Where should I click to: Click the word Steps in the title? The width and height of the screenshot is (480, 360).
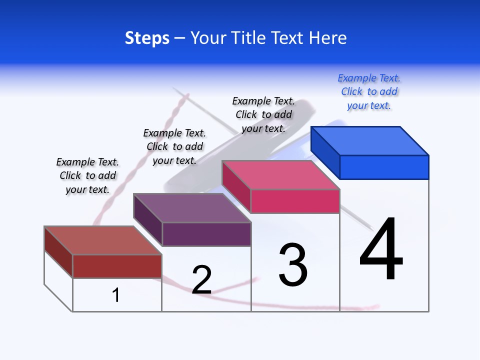coord(147,38)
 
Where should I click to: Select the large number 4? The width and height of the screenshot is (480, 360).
coord(381,249)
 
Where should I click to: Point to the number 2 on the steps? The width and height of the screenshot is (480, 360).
coord(202,279)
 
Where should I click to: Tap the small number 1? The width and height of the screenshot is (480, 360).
coord(116,295)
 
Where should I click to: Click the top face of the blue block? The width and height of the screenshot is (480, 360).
coord(370,141)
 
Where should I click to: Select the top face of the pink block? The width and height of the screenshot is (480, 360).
coord(281,175)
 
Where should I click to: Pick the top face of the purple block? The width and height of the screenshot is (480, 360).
coord(192,208)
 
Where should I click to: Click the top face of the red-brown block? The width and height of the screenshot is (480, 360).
coord(103,240)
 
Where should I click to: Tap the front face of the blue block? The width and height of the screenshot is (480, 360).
coord(384,167)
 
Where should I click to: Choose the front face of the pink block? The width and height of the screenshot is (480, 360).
coord(295,201)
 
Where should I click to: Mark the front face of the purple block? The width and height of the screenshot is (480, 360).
coord(206,234)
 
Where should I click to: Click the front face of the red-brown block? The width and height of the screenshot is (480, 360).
coord(117,266)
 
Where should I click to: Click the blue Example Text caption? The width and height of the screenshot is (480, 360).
coord(369,92)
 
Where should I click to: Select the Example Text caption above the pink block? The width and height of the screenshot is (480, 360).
coord(263,114)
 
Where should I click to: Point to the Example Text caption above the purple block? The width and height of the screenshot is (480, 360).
coord(174,146)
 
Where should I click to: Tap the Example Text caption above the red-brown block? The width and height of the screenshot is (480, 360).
coord(87,175)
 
